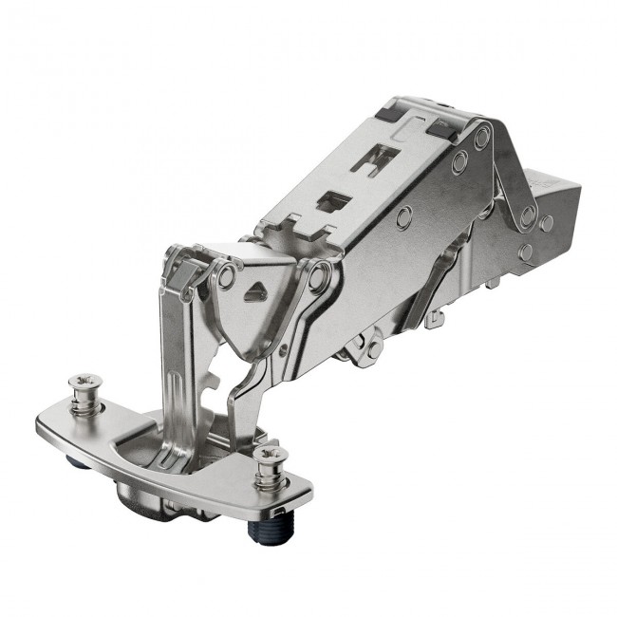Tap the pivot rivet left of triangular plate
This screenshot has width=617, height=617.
pyautogui.click(x=226, y=277)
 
